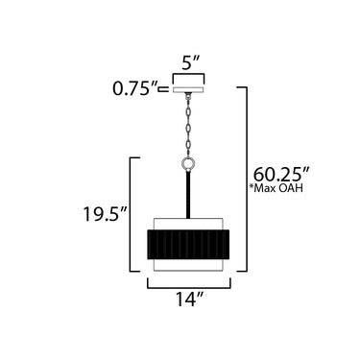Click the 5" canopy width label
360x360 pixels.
(190, 62)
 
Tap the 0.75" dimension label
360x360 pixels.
(135, 88)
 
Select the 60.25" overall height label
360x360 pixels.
(281, 174)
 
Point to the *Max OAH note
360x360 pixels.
(276, 188)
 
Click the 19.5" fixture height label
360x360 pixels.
(106, 213)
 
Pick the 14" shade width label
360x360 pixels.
(189, 300)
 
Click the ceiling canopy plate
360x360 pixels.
(188, 89)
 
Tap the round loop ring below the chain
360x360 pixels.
(188, 164)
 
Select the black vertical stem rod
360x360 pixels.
(188, 195)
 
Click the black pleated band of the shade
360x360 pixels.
(188, 244)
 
